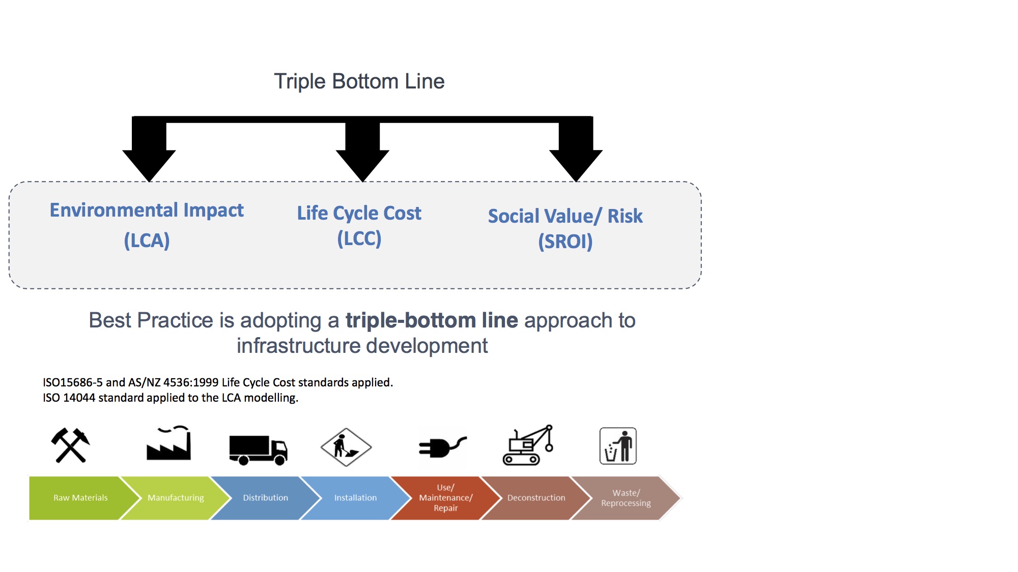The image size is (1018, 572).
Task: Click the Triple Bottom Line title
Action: (359, 81)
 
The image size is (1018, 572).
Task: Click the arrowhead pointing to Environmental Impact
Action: (149, 164)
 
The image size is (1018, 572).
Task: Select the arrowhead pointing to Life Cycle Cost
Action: (362, 164)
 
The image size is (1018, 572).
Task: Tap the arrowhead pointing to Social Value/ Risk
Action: (576, 164)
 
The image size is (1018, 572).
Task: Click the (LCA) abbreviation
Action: (147, 240)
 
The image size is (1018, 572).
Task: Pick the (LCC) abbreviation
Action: (359, 238)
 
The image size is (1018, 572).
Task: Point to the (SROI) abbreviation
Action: (565, 242)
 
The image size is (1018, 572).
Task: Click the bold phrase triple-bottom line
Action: (432, 320)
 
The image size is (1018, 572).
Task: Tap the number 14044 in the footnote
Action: (79, 398)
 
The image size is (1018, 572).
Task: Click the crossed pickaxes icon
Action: (71, 445)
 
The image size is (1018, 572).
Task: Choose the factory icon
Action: (168, 443)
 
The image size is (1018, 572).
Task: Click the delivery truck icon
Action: (258, 449)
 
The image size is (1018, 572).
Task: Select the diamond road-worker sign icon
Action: (346, 447)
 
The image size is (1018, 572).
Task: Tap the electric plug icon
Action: (442, 447)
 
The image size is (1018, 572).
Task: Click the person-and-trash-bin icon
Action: (618, 446)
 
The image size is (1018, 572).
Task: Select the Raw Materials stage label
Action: (80, 498)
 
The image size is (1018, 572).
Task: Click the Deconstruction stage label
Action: (536, 498)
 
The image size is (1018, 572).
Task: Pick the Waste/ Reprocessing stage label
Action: (626, 498)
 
